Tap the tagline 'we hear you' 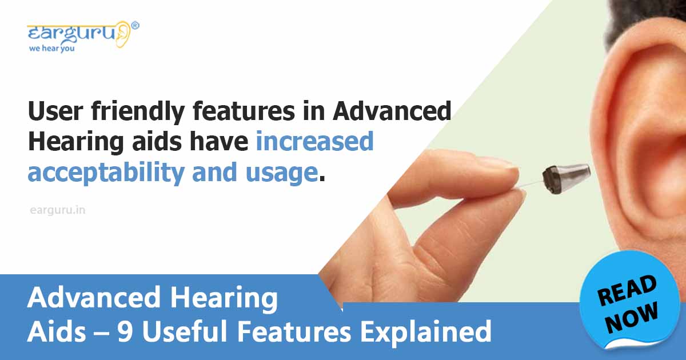pyautogui.click(x=51, y=49)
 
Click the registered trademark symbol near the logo pyautogui.click(x=135, y=25)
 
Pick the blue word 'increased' pyautogui.click(x=314, y=142)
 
